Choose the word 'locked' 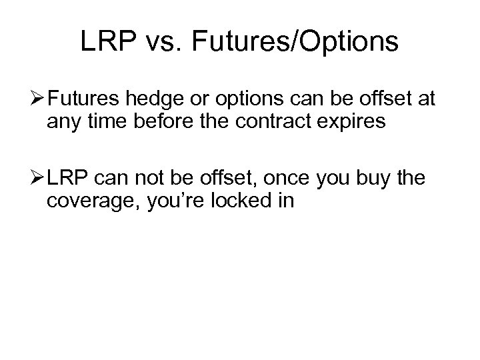coord(244,200)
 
